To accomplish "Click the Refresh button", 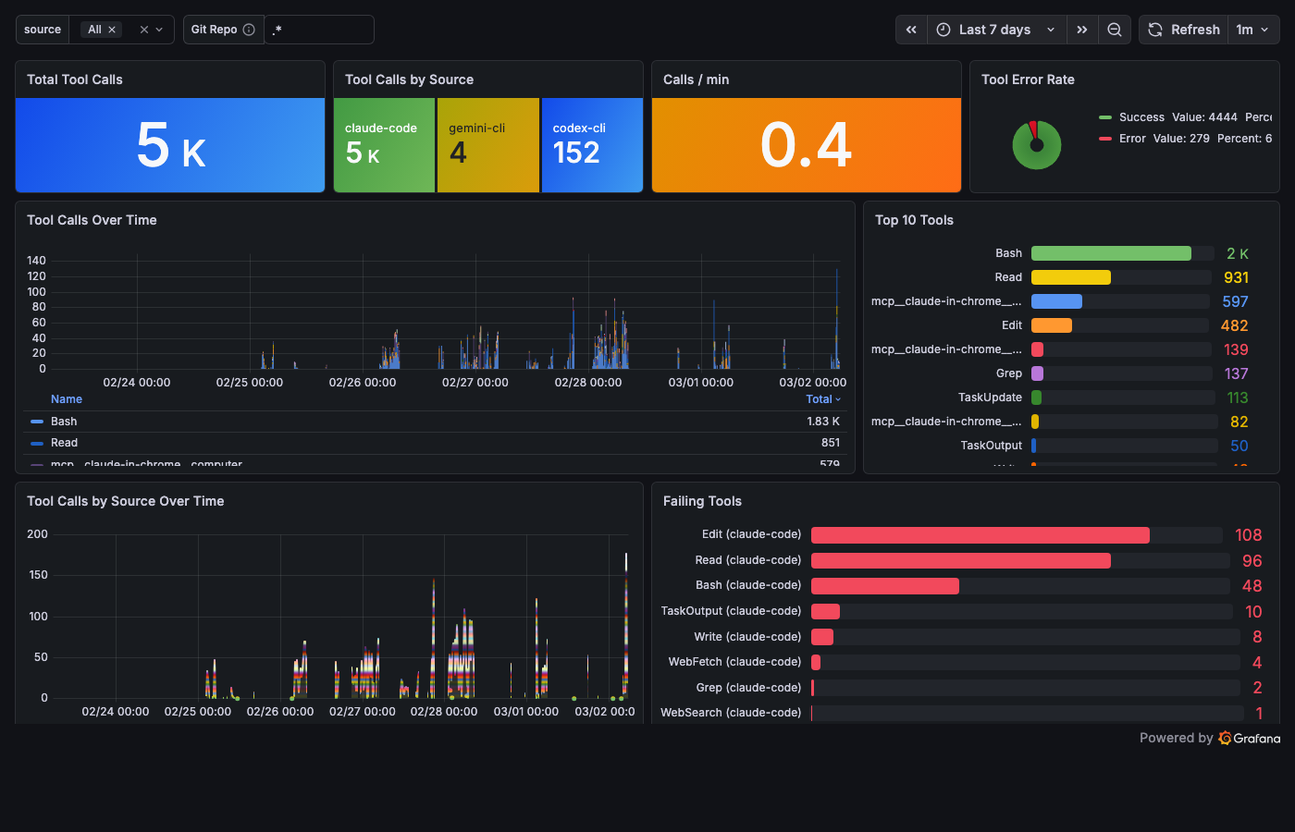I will (x=1184, y=30).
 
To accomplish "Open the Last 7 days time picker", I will (x=995, y=30).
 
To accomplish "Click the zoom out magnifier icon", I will (x=1115, y=30).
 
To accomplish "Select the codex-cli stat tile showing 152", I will (x=592, y=145).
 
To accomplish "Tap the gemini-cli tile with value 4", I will (x=487, y=145).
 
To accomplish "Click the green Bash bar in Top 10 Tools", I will (x=1111, y=253).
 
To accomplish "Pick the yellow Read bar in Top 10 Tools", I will (x=1070, y=277).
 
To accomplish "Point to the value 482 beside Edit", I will (x=1234, y=325).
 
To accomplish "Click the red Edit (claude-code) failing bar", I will (x=980, y=535).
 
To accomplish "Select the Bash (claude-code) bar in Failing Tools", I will (x=884, y=586).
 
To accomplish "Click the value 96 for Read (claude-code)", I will (x=1252, y=561).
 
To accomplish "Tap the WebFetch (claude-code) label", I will (x=734, y=662).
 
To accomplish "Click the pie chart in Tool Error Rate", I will (x=1036, y=145).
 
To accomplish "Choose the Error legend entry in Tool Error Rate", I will (x=1132, y=139).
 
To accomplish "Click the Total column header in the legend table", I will (x=819, y=399).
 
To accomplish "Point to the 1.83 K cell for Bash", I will (x=823, y=422).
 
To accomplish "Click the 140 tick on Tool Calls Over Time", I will (x=36, y=261).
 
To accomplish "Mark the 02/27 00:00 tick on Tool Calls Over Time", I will (x=475, y=383).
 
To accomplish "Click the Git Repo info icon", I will (x=249, y=30).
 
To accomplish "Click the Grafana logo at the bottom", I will (x=1249, y=738).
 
